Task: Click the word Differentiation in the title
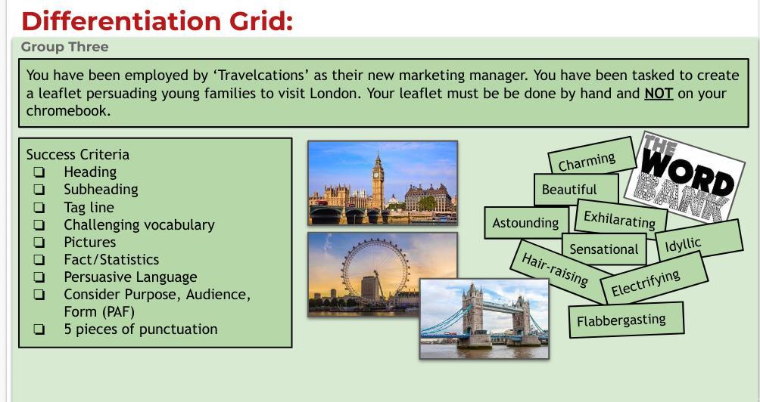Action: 121,21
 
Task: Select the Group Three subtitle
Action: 64,47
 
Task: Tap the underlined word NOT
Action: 659,93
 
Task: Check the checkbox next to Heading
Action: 39,172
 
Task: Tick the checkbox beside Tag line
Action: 39,208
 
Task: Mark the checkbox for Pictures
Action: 39,243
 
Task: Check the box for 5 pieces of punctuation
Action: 39,329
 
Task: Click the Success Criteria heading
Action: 77,154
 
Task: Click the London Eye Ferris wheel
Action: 375,272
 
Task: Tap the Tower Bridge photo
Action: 484,319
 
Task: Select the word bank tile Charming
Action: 592,156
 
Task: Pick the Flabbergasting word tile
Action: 626,320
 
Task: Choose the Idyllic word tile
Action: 699,240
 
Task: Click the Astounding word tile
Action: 526,223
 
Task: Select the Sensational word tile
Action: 604,249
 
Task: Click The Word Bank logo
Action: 684,177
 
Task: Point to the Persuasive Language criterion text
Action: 130,277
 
